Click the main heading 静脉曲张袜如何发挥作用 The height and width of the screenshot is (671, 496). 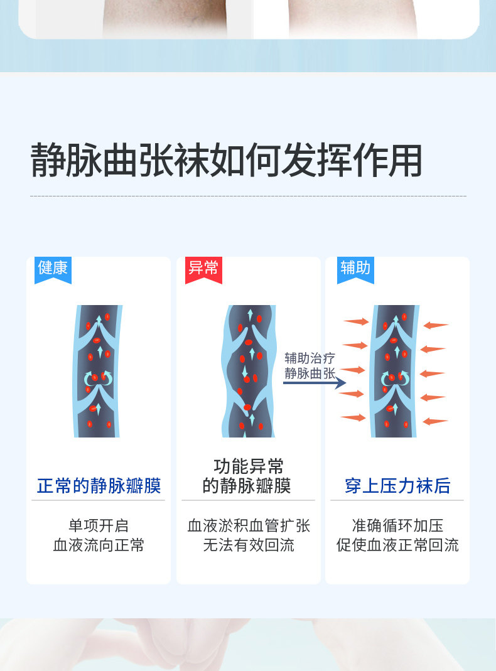226,161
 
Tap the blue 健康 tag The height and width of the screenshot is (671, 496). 53,268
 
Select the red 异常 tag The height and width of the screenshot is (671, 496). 203,268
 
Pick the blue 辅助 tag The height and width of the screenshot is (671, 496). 355,268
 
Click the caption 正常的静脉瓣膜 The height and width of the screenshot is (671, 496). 99,485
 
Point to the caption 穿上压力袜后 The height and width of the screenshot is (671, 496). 397,485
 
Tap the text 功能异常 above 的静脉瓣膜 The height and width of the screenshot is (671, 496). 249,466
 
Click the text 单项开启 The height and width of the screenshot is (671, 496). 99,525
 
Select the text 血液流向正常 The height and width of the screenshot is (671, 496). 99,545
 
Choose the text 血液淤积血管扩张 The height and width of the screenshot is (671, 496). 249,525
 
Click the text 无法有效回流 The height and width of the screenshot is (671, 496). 249,545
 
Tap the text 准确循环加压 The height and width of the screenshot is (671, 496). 397,525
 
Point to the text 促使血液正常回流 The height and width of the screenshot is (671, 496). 397,545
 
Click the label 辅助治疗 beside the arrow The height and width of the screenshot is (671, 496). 310,358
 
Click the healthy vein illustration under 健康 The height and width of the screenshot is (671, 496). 99,371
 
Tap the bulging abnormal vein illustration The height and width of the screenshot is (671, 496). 249,371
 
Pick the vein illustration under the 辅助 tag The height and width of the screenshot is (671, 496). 395,371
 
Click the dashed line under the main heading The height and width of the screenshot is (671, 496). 248,196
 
